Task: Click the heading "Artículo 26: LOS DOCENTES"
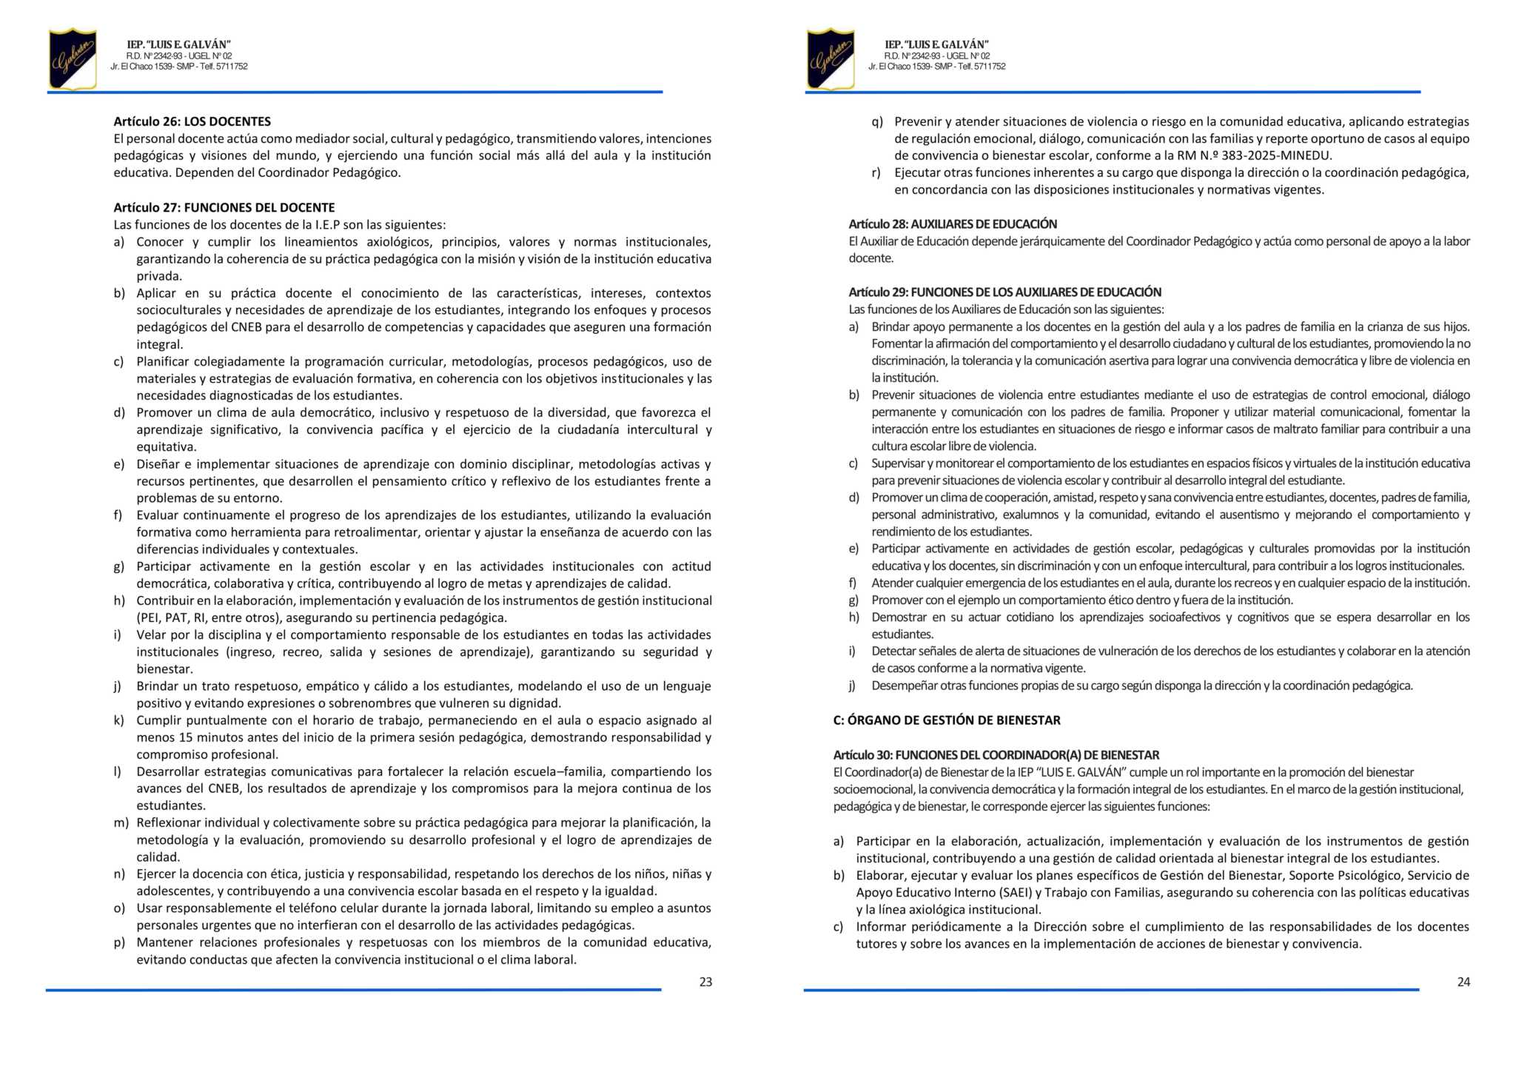click(192, 121)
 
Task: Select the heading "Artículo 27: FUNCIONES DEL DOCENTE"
click(224, 207)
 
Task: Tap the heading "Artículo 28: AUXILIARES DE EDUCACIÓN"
click(953, 224)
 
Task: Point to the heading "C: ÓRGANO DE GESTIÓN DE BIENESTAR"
click(947, 720)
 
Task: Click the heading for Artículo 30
click(996, 755)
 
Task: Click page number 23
click(705, 982)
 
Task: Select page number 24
click(1463, 982)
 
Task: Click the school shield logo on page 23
click(73, 58)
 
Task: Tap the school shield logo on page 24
click(831, 58)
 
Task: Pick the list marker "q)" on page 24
click(877, 121)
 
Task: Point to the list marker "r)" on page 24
click(876, 172)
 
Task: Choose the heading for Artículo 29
click(1004, 292)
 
